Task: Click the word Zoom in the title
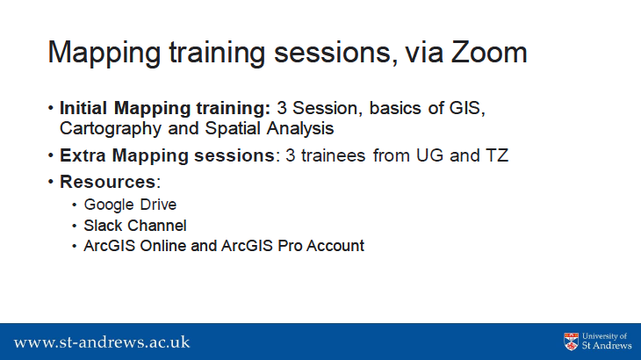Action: coord(489,53)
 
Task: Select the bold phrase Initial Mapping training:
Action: coord(165,109)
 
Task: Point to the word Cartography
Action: coord(111,129)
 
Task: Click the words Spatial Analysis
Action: coord(270,129)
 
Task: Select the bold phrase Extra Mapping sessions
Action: coord(167,156)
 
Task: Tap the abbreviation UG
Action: coord(429,155)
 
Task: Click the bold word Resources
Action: coord(108,183)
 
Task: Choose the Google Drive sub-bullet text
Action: coord(130,205)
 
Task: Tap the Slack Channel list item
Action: coord(135,226)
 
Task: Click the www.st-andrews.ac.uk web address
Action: coord(102,342)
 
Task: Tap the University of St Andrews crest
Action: coord(571,342)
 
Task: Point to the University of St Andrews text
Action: coord(607,342)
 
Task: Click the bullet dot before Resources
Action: coord(51,182)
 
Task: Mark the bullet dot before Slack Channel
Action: coord(74,226)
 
